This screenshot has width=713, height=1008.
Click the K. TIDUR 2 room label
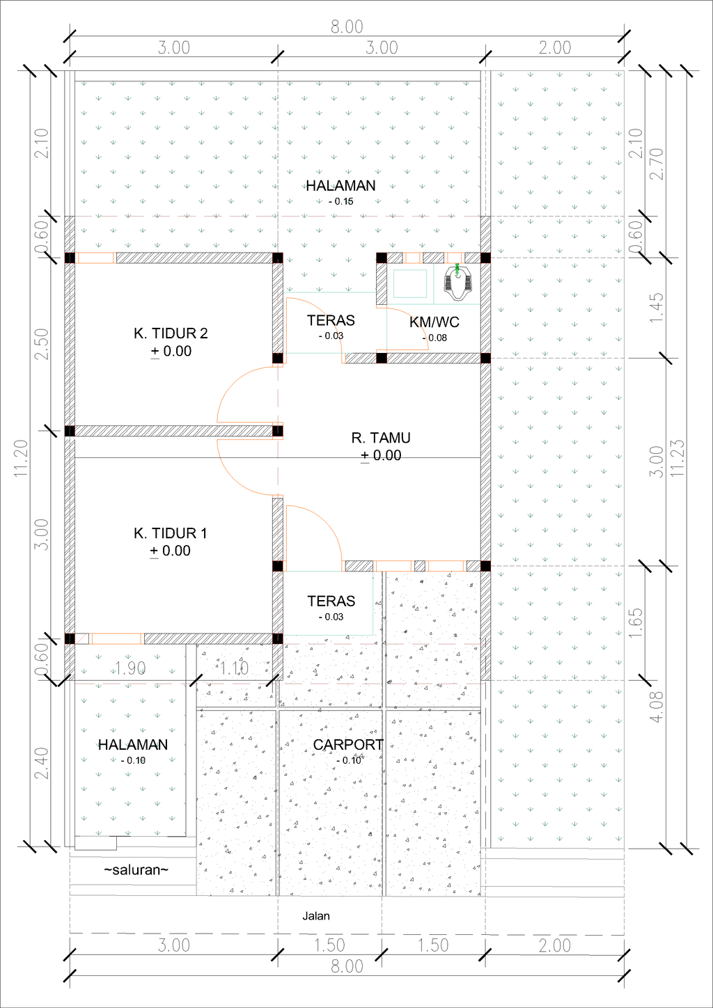(171, 333)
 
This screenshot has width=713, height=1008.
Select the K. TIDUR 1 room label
(170, 533)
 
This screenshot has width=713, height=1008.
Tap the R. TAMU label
(381, 438)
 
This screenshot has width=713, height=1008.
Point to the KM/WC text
(434, 322)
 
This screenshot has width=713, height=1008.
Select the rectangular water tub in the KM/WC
(410, 283)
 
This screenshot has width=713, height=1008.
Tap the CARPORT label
(348, 745)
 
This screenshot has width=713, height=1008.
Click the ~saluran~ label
(136, 870)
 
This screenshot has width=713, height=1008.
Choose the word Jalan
(316, 916)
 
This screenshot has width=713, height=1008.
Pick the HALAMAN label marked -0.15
(340, 186)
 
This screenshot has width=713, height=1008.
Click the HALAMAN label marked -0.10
(133, 745)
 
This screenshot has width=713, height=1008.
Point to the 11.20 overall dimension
(21, 458)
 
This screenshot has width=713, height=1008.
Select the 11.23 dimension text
(677, 458)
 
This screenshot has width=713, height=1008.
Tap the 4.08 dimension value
(657, 707)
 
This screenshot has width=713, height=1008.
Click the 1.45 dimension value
(656, 308)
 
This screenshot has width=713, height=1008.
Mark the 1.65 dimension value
(635, 623)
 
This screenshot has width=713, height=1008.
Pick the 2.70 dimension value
(656, 164)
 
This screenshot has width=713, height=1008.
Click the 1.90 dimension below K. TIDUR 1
(130, 668)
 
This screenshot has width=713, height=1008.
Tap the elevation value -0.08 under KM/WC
(435, 338)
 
